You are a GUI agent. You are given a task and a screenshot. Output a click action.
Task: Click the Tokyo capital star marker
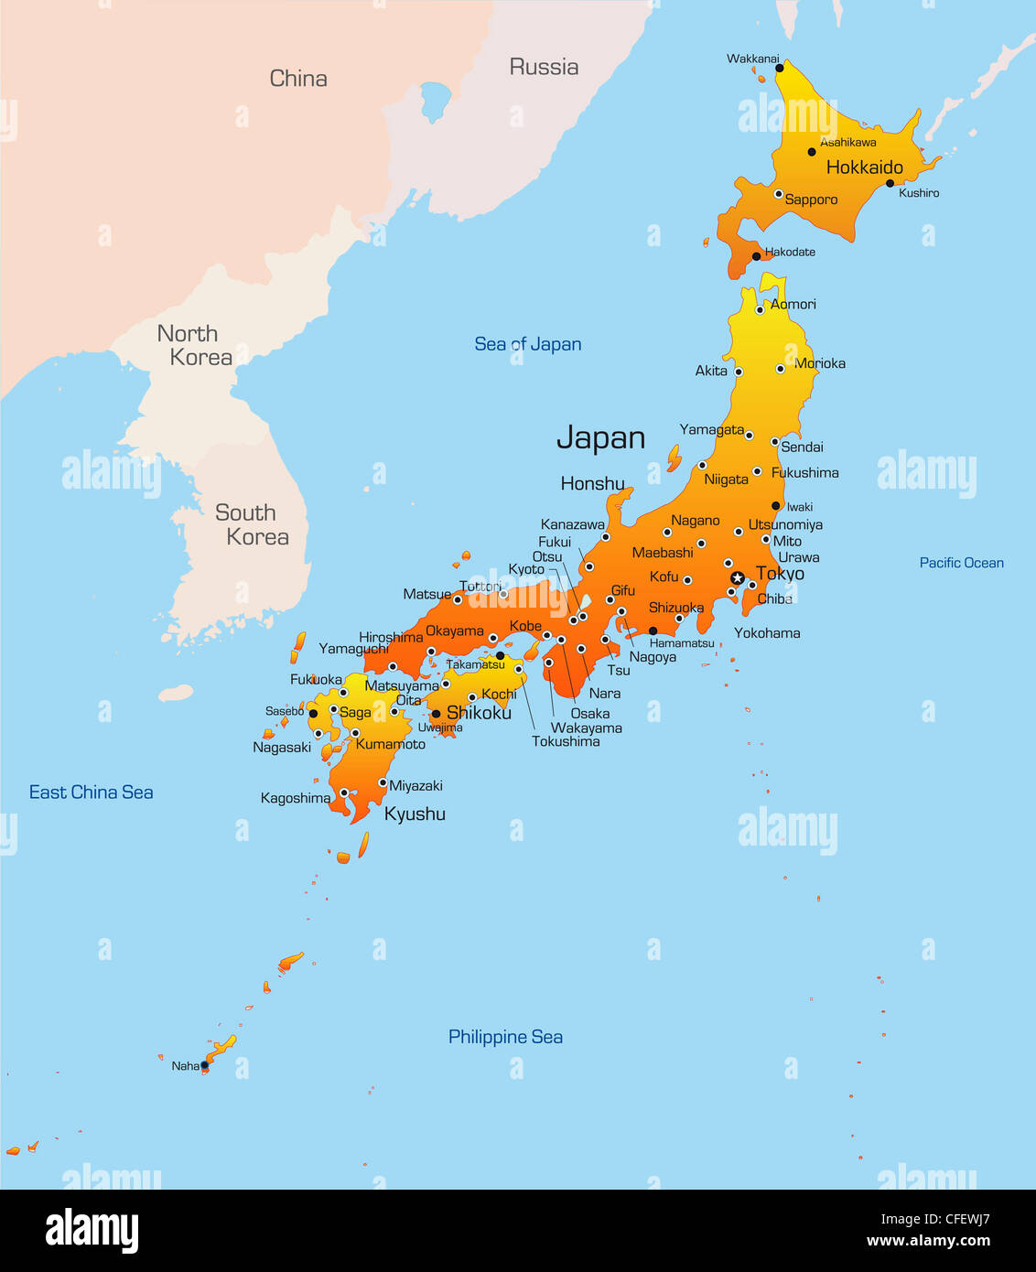pyautogui.click(x=738, y=577)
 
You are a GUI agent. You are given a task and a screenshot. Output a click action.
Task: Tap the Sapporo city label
pyautogui.click(x=811, y=199)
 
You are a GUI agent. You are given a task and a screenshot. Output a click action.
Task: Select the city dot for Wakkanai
pyautogui.click(x=780, y=68)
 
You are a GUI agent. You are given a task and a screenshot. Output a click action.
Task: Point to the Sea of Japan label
pyautogui.click(x=528, y=344)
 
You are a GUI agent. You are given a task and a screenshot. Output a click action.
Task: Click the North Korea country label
pyautogui.click(x=194, y=345)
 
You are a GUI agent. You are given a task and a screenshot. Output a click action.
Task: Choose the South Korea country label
pyautogui.click(x=252, y=524)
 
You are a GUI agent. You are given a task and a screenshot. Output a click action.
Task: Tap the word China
pyautogui.click(x=298, y=79)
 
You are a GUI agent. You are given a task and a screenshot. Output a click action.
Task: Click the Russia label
pyautogui.click(x=544, y=67)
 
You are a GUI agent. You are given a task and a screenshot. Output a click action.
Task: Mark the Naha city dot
pyautogui.click(x=204, y=1065)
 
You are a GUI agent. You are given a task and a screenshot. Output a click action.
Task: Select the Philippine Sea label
pyautogui.click(x=505, y=1037)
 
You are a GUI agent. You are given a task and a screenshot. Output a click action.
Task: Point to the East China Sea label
pyautogui.click(x=91, y=792)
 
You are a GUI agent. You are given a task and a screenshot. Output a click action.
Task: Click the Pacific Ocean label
pyautogui.click(x=961, y=563)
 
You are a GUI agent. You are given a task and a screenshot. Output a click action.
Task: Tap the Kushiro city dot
pyautogui.click(x=890, y=183)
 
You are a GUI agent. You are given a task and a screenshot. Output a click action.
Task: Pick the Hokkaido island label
pyautogui.click(x=864, y=167)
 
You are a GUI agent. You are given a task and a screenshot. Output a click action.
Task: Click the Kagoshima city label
pyautogui.click(x=295, y=798)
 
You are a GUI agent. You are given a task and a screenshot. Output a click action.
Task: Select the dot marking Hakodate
pyautogui.click(x=756, y=256)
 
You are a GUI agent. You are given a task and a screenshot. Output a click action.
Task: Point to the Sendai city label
pyautogui.click(x=802, y=447)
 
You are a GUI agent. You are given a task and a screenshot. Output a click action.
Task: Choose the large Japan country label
pyautogui.click(x=600, y=438)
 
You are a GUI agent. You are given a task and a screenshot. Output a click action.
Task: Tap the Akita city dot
pyautogui.click(x=739, y=372)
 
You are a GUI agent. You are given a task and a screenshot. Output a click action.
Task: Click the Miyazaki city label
pyautogui.click(x=415, y=785)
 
